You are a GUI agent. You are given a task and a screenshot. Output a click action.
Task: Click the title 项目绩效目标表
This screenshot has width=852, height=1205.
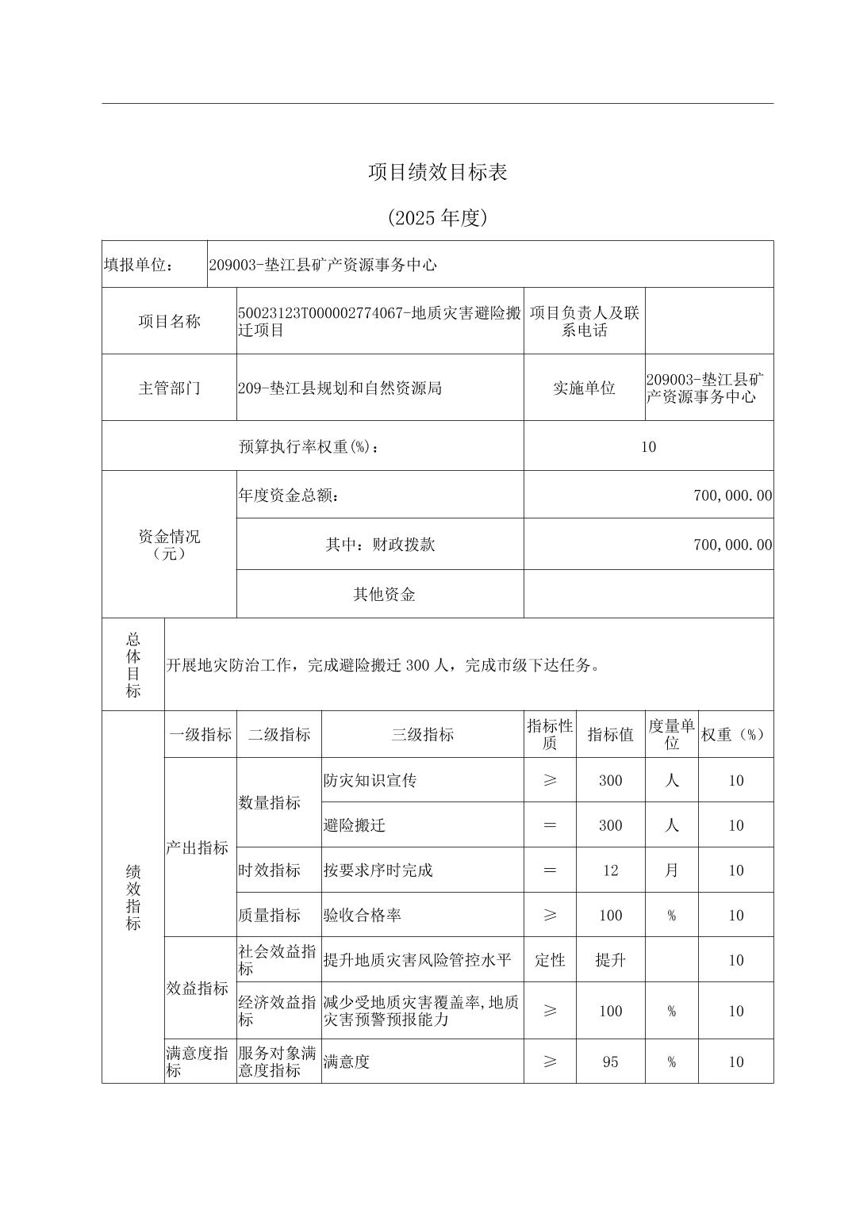pos(437,172)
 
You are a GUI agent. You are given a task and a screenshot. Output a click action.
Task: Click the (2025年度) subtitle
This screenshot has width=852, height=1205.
pos(437,218)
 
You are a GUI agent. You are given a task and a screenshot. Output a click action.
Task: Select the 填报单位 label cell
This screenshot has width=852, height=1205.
pos(139,265)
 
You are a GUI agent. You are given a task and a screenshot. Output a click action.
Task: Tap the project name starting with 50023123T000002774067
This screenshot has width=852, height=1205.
pos(379,321)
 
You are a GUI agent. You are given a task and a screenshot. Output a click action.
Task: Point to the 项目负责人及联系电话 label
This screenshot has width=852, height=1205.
pos(584,321)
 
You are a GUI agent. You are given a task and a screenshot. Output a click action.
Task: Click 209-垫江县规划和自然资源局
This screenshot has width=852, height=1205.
pos(340,388)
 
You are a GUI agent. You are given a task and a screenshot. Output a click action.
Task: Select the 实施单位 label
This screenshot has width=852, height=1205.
pos(584,388)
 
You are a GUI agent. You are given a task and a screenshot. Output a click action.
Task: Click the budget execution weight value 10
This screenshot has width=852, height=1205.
pos(648,446)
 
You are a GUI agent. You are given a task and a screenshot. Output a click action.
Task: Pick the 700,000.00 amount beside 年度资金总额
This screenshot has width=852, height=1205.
pos(732,495)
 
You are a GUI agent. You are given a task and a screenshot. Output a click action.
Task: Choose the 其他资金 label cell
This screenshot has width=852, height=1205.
pos(384,595)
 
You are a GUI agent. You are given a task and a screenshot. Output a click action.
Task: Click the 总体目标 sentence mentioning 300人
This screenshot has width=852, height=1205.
pos(383,665)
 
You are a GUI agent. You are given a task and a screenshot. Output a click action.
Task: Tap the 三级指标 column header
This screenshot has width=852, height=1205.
pos(422,735)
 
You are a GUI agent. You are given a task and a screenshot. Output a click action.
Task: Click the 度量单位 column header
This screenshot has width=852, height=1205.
pos(671,735)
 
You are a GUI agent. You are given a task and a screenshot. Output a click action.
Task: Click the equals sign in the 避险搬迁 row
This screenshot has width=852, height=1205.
pos(550,825)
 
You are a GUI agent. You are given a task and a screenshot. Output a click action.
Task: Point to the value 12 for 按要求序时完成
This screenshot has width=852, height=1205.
pos(610,870)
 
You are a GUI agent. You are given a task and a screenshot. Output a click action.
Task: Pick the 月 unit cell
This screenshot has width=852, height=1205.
pos(671,870)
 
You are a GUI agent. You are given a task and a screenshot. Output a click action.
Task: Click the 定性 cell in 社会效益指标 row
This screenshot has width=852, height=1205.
pos(550,960)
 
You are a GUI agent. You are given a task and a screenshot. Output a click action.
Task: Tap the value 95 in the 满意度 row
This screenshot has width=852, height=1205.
pos(610,1062)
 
